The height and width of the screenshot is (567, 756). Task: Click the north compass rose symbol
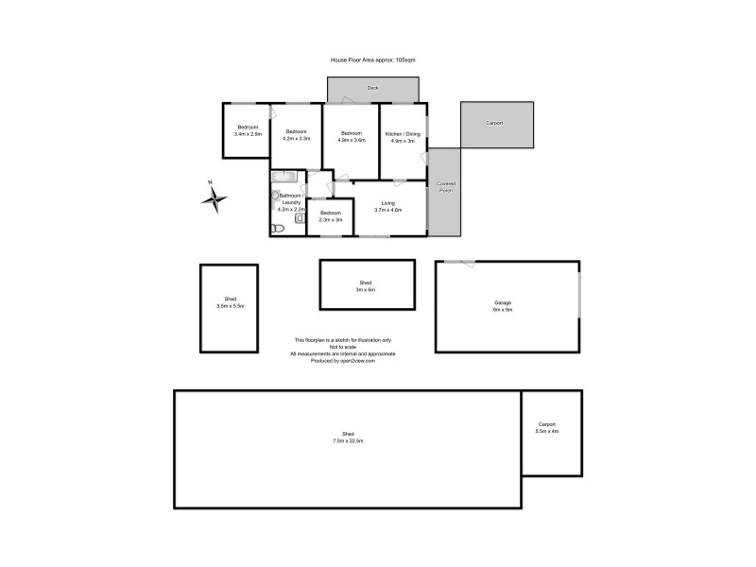(x=215, y=198)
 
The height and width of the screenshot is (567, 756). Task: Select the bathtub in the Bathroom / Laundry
(x=284, y=177)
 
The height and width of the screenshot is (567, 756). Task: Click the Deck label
(x=373, y=88)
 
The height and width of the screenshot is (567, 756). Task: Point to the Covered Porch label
(x=445, y=187)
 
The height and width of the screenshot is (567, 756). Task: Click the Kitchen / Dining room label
(x=403, y=133)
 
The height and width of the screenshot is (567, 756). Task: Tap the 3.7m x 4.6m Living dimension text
(x=388, y=210)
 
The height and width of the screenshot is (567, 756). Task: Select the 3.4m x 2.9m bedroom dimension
(x=248, y=134)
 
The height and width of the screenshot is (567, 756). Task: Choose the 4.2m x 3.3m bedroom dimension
(x=297, y=139)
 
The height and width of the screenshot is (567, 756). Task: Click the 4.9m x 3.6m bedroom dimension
(x=352, y=140)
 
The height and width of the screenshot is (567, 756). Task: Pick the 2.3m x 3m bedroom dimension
(x=330, y=220)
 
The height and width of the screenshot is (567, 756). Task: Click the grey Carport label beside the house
(x=494, y=124)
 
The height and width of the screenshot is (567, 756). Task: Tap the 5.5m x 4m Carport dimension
(x=547, y=431)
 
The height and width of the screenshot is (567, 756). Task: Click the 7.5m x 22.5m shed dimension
(x=348, y=440)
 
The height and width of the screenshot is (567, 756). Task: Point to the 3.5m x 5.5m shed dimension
(x=231, y=306)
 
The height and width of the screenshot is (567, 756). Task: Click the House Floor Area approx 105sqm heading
(x=372, y=59)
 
